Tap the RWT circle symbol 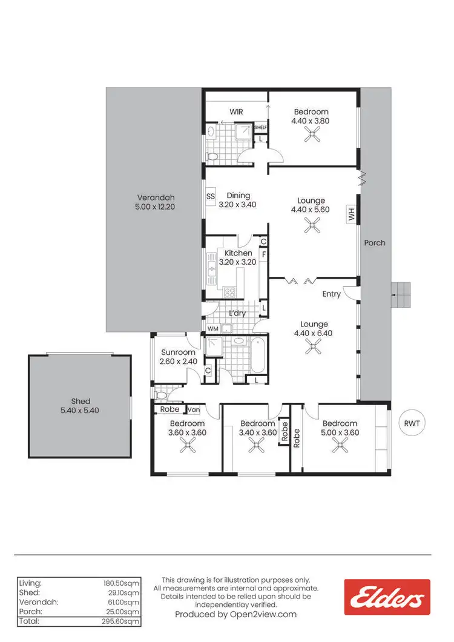tap(412, 423)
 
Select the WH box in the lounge tap(350, 214)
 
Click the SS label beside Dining tap(211, 196)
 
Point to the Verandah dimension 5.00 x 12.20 tap(155, 207)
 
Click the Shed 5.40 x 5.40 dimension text tap(81, 410)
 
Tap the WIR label tap(236, 112)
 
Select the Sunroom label tap(178, 352)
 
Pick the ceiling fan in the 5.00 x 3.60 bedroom tap(340, 446)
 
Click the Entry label tap(331, 294)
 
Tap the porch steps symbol tap(401, 295)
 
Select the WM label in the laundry tap(212, 329)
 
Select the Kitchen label tap(238, 253)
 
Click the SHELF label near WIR tap(260, 128)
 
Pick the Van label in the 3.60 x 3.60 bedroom tap(194, 409)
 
